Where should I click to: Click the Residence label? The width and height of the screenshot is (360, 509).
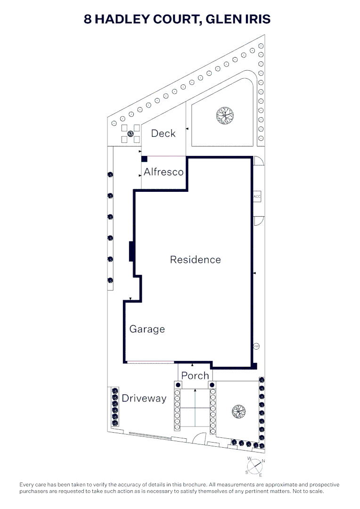coord(196,259)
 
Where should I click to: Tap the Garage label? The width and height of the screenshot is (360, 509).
coord(147,329)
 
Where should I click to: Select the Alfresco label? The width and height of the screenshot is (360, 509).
coord(164,172)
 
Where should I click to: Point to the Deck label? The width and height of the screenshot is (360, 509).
coord(164,133)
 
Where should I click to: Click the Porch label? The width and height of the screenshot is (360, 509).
coord(195,376)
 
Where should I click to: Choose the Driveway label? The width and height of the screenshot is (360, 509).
coord(144,398)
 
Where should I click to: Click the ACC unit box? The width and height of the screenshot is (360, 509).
coord(257,197)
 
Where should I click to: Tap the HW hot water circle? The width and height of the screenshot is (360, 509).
coord(256,346)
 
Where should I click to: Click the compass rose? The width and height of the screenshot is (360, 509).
coord(254,467)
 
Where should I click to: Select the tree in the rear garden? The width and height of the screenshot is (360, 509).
coord(225,115)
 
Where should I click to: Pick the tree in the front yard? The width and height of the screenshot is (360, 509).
coord(238,411)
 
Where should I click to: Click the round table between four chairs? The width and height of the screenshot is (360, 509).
coord(131,133)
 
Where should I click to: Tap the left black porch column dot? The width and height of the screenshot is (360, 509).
coord(178,385)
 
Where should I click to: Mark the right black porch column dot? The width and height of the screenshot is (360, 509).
coord(213,385)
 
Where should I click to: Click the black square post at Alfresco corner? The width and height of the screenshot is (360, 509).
coord(145,159)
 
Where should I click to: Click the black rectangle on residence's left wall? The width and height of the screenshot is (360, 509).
coord(132,251)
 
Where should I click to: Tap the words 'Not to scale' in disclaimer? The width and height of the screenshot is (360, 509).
coord(308,491)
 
